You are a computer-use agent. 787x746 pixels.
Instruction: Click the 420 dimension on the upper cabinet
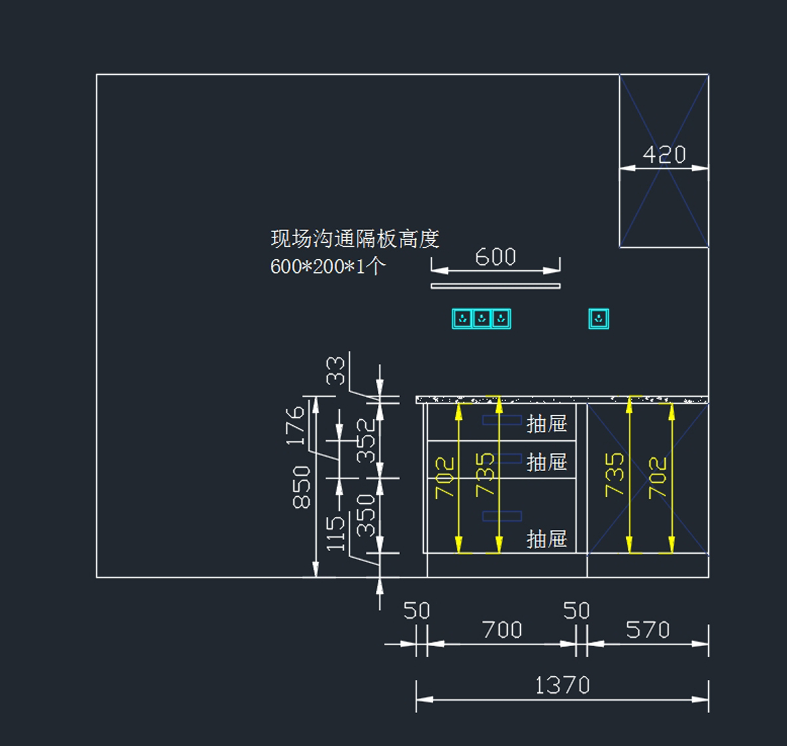[x=664, y=155]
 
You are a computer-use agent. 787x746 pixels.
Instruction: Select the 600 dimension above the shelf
[x=495, y=257]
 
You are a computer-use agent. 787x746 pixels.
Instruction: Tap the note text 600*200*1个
[x=327, y=266]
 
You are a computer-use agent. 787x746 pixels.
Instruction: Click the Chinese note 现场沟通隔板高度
[x=354, y=239]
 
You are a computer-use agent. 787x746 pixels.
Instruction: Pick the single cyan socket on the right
[x=598, y=319]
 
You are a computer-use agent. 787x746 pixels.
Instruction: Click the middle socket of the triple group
[x=482, y=319]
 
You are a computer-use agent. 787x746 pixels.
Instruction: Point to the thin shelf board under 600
[x=495, y=285]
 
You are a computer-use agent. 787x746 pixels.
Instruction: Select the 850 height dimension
[x=301, y=487]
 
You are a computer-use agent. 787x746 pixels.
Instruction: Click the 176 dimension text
[x=296, y=426]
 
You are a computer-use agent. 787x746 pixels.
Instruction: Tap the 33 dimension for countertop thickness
[x=335, y=370]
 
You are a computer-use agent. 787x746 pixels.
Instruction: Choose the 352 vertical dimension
[x=366, y=440]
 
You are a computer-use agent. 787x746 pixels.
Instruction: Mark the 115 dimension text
[x=335, y=532]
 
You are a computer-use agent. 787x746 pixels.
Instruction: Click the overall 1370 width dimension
[x=562, y=686]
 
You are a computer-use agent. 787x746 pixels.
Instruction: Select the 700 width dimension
[x=502, y=631]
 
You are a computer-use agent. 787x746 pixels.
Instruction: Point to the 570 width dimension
[x=647, y=631]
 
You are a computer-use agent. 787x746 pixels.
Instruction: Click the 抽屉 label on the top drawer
[x=546, y=424]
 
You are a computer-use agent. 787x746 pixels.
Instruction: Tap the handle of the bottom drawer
[x=502, y=516]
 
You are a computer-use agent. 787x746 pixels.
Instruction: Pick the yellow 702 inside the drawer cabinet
[x=445, y=478]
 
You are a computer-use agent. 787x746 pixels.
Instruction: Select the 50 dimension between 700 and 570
[x=576, y=611]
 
